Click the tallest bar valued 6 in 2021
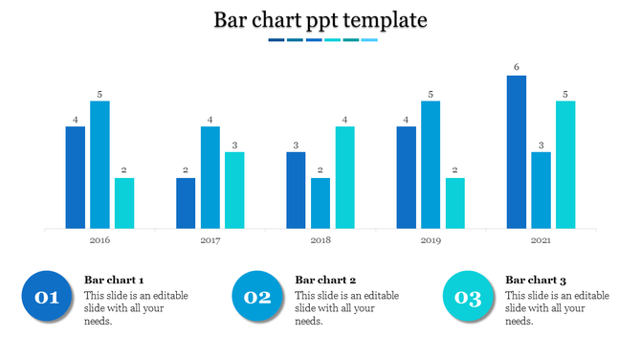point(517,151)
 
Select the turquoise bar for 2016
point(124,203)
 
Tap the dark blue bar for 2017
point(186,203)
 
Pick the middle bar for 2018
point(320,203)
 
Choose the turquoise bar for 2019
point(455,203)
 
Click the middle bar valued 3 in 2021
point(542,190)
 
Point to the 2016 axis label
point(99,240)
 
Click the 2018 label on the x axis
point(320,240)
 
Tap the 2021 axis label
point(542,240)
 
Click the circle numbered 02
point(257,297)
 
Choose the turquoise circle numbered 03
point(468,297)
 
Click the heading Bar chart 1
point(114,280)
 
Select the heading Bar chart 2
point(325,280)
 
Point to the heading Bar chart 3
point(536,280)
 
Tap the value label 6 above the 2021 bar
point(517,67)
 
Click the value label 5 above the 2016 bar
point(99,94)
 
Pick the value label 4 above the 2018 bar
point(345,120)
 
